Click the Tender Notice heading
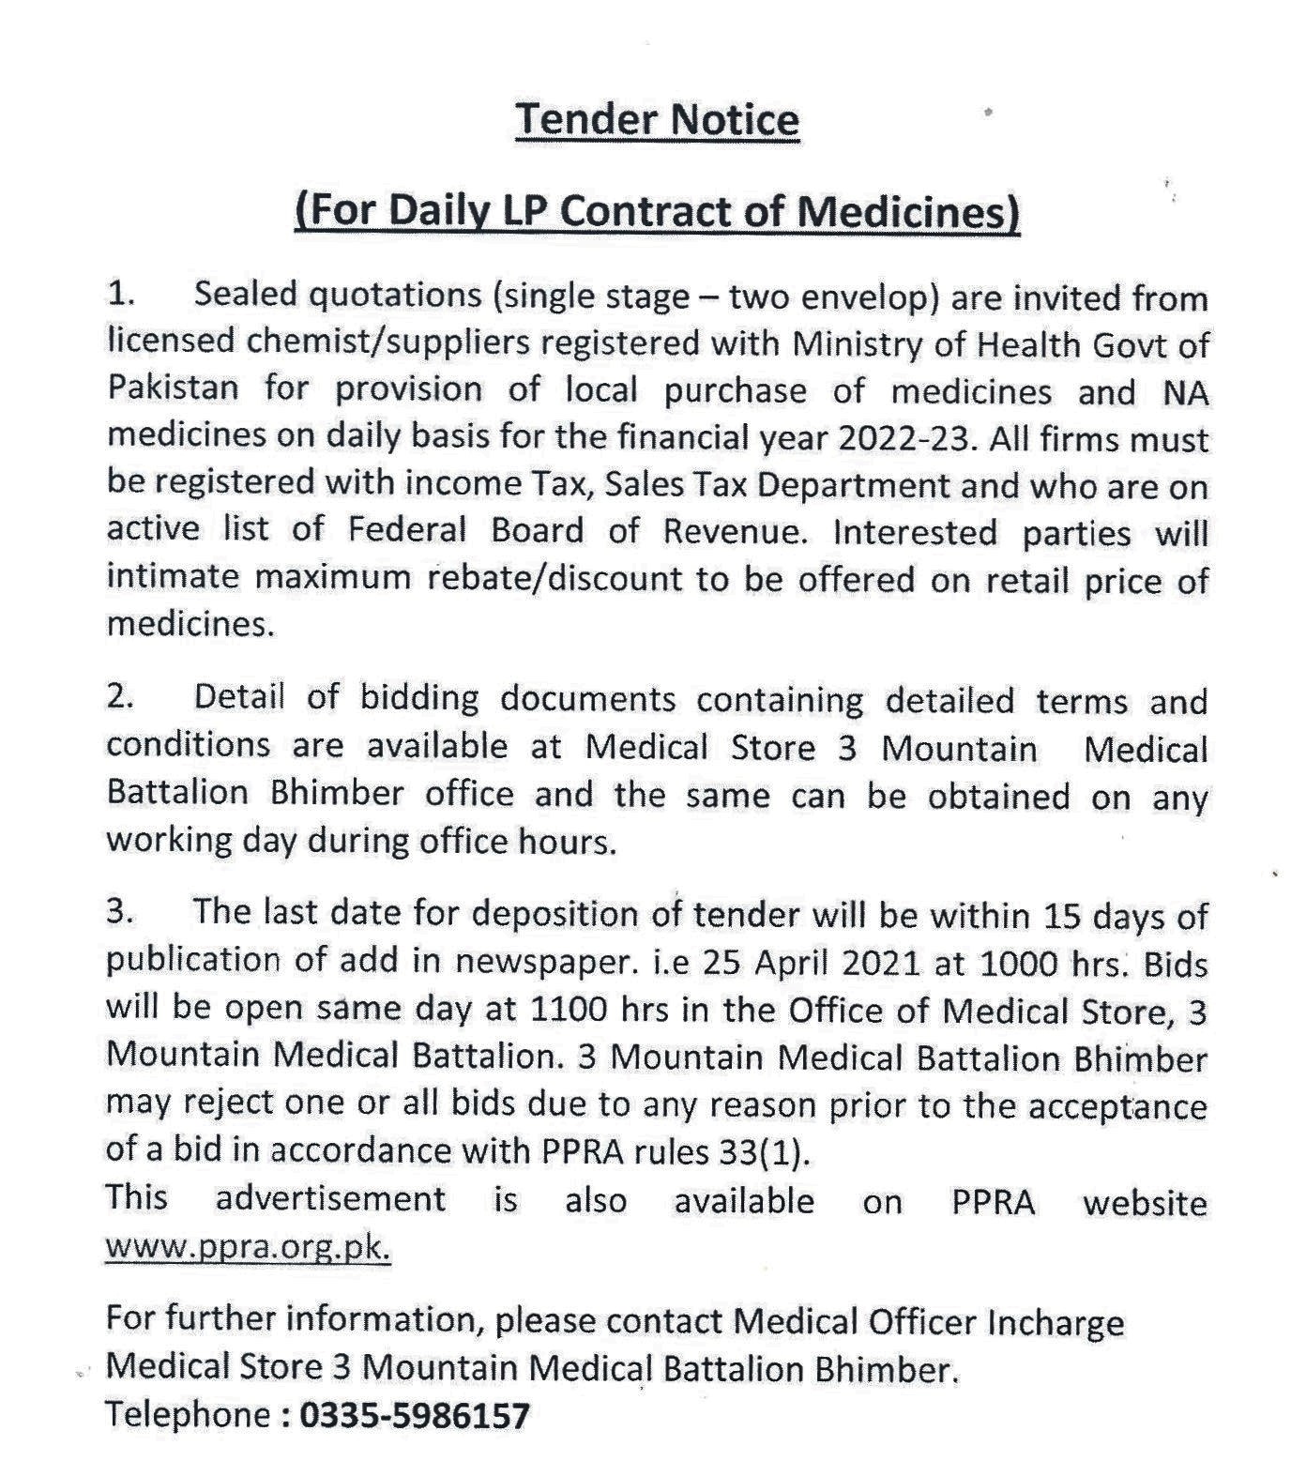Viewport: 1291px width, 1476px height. [657, 120]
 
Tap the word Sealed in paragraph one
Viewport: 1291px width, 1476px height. [247, 296]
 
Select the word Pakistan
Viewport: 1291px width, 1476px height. [173, 388]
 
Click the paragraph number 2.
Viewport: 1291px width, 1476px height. [120, 697]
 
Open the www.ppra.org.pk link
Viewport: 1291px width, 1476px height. [248, 1248]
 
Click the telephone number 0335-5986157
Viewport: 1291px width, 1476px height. [414, 1415]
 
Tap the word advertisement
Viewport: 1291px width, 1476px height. [330, 1199]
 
